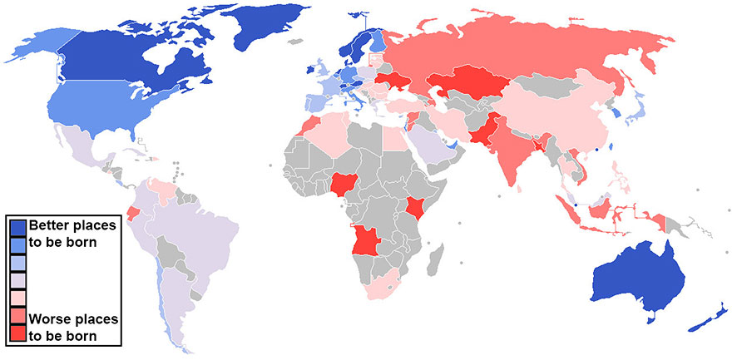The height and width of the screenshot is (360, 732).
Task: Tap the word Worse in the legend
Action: tap(46, 319)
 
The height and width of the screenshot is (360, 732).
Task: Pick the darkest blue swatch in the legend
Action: tap(17, 227)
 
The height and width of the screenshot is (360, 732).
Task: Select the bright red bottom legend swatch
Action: tap(17, 334)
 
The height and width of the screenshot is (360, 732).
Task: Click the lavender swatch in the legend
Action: tap(17, 280)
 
